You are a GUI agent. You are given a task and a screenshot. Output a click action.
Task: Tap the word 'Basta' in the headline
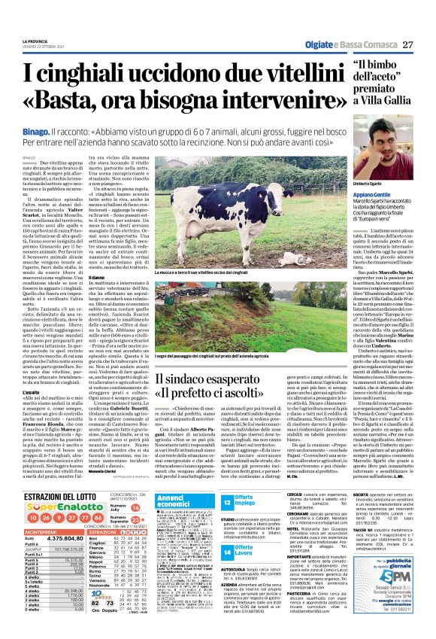[x=82, y=104]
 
